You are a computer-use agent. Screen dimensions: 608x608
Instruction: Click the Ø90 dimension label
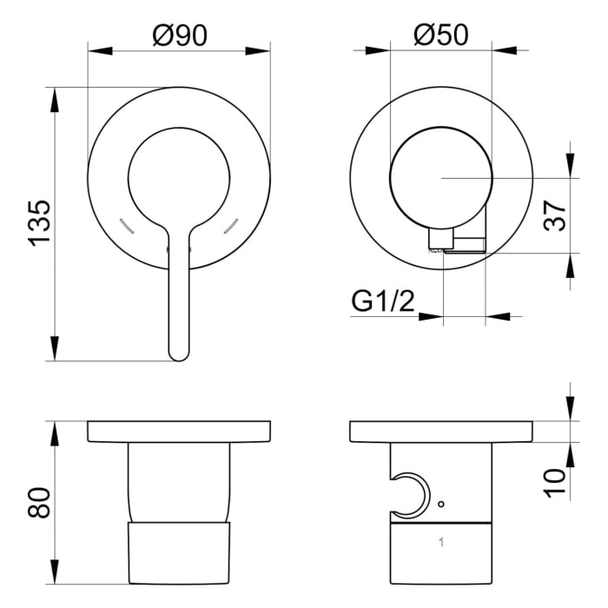tap(179, 34)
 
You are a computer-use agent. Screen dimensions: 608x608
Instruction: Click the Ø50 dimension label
tap(440, 34)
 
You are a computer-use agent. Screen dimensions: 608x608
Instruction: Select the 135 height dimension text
tap(39, 223)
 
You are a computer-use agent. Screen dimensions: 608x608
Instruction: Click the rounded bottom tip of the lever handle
tap(178, 354)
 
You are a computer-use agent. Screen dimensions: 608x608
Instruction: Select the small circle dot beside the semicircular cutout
tap(441, 504)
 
